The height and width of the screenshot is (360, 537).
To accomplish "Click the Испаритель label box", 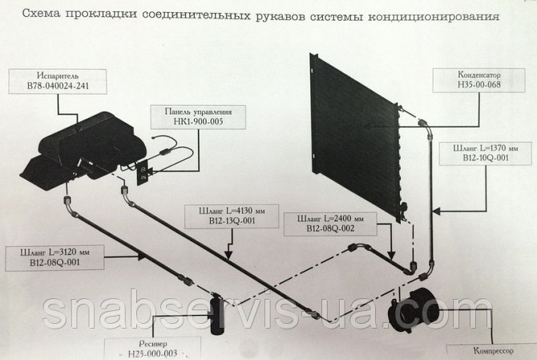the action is click(58, 82).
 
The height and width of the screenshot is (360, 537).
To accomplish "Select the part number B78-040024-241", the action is click(58, 86).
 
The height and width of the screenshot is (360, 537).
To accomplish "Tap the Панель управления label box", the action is click(198, 117).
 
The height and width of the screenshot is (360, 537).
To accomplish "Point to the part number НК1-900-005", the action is click(198, 121).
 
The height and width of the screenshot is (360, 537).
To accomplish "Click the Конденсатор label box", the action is click(478, 80).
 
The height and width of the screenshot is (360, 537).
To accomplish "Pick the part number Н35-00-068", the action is click(479, 84).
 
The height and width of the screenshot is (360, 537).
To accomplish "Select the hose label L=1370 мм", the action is click(485, 148).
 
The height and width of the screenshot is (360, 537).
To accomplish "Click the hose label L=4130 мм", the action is click(232, 210).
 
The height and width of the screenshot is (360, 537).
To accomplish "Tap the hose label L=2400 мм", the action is click(330, 218).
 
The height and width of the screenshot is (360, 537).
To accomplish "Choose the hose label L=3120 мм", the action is click(55, 253).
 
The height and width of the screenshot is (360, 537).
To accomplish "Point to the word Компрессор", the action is click(494, 350).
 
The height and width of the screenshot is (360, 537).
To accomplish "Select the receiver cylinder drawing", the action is click(216, 315).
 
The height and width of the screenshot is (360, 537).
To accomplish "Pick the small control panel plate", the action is click(143, 173).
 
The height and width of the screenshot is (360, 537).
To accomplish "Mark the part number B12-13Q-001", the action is click(232, 220).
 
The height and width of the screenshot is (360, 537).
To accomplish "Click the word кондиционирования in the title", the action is click(434, 16).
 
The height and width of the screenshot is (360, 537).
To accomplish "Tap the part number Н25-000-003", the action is click(153, 354).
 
